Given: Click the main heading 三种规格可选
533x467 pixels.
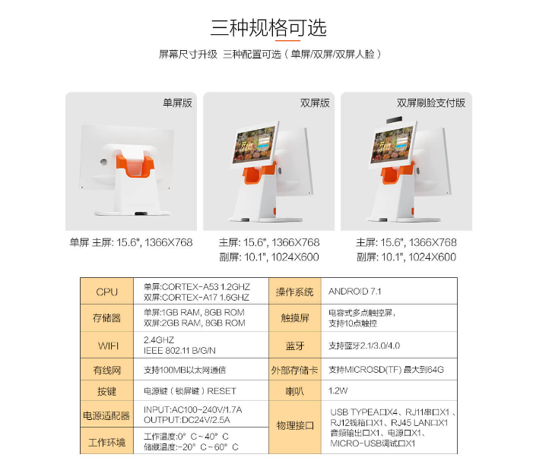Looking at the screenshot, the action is pos(268,27).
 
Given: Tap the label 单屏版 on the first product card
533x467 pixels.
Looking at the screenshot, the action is pos(177,103).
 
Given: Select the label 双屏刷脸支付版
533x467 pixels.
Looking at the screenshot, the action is pos(431,103).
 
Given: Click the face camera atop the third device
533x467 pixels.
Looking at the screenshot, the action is pos(395,120).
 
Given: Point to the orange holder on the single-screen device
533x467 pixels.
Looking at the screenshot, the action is pos(135,166).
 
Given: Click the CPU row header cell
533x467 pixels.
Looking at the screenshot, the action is pos(106,291).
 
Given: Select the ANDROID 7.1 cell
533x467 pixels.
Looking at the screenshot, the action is pos(355,291).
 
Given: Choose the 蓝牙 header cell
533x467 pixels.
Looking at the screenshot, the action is pos(295,346).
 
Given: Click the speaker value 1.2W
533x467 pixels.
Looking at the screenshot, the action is pos(338,390).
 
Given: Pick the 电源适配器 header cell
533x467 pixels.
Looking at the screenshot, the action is pos(106,415).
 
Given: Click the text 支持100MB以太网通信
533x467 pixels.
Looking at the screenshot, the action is pos(185,370).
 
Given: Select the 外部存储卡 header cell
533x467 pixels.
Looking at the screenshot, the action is pos(295,370).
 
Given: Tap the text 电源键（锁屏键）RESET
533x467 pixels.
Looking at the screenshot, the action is pos(189,391).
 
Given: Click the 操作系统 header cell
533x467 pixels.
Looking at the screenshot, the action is pos(295,291).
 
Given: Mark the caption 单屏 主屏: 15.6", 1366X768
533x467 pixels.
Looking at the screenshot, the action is pos(131,242).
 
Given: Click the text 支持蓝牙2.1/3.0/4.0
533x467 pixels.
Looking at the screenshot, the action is pos(364,346).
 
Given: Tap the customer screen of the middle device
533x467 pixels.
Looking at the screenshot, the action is pos(255,144).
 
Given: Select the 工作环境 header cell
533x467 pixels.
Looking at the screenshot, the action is pos(106,441).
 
